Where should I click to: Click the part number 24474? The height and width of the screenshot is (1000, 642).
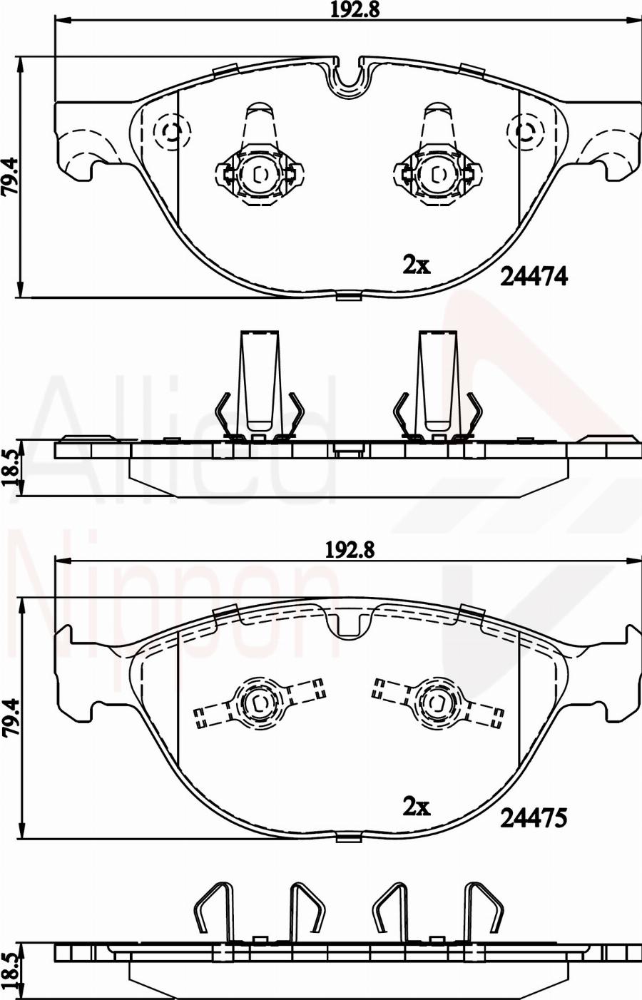click(x=534, y=276)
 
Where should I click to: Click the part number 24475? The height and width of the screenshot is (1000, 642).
click(x=534, y=818)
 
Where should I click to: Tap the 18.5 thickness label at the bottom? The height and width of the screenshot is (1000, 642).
click(x=10, y=971)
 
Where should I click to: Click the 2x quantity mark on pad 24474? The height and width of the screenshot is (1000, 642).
click(x=417, y=265)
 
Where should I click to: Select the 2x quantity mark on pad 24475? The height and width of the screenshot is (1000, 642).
click(x=417, y=807)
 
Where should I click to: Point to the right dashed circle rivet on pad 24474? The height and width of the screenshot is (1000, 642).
click(x=526, y=132)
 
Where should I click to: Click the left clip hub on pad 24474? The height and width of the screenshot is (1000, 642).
click(x=258, y=173)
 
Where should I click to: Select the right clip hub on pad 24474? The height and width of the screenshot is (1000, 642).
click(x=437, y=173)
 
